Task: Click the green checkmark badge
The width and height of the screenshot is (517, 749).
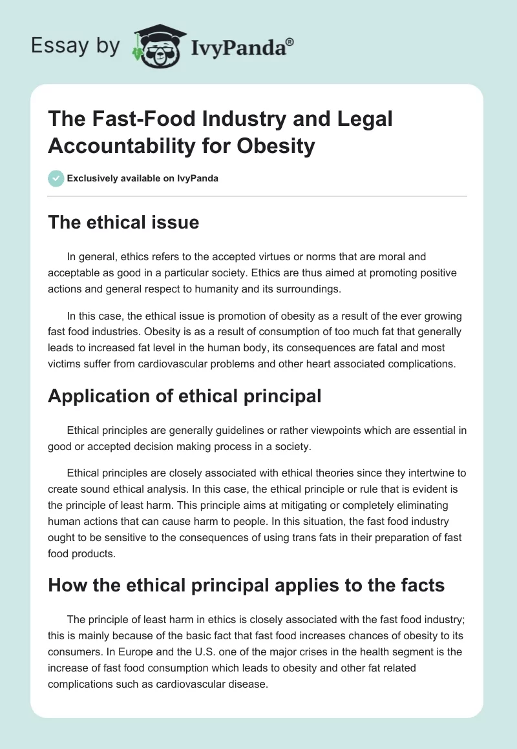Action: (57, 178)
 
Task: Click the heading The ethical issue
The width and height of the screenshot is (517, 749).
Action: (123, 223)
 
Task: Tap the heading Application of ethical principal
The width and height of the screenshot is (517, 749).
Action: (184, 396)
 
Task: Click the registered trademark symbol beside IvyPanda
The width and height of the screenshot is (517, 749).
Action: (290, 41)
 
